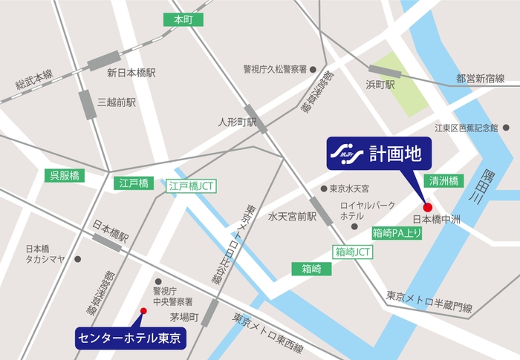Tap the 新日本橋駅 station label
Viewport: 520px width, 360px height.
(x=131, y=73)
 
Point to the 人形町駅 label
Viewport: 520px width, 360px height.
(x=237, y=121)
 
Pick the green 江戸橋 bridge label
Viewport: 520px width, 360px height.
(x=133, y=182)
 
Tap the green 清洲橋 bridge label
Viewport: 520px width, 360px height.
(x=443, y=180)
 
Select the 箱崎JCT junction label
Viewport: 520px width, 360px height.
(x=354, y=252)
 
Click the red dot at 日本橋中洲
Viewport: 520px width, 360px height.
(x=427, y=206)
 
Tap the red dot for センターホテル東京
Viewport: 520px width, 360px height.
(x=143, y=312)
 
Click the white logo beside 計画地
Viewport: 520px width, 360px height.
(x=348, y=154)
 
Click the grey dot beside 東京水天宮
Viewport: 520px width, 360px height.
(x=323, y=189)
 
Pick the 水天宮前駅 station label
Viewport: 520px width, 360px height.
(x=292, y=217)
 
